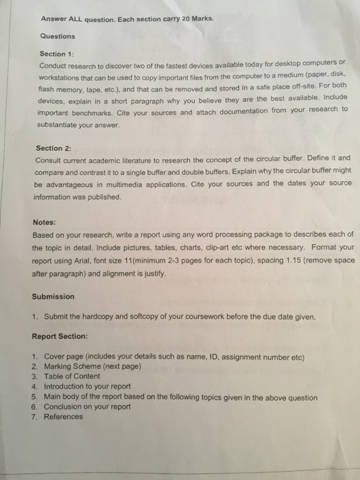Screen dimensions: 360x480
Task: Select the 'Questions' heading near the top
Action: pyautogui.click(x=57, y=36)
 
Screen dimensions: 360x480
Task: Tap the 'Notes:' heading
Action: pyautogui.click(x=45, y=222)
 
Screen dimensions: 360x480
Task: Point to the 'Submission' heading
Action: pyautogui.click(x=53, y=297)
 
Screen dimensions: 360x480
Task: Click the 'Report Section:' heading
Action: pyautogui.click(x=60, y=337)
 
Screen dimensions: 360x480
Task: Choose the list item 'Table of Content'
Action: pyautogui.click(x=72, y=376)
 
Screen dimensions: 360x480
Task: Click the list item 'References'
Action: pyautogui.click(x=63, y=416)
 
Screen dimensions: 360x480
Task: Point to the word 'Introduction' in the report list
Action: pyautogui.click(x=65, y=386)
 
